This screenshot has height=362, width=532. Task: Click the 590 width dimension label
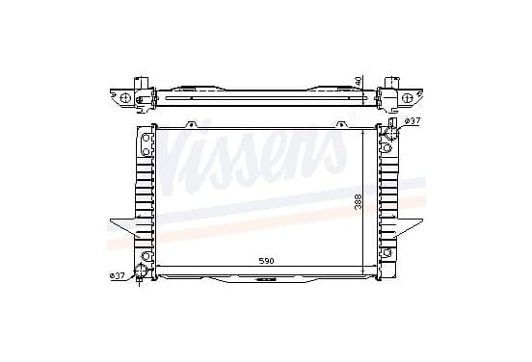(x=266, y=261)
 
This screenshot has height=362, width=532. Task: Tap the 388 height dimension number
(x=359, y=201)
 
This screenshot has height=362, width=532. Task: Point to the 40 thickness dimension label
(x=359, y=81)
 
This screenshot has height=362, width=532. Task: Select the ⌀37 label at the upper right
(x=412, y=121)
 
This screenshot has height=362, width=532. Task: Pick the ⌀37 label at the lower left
(x=117, y=276)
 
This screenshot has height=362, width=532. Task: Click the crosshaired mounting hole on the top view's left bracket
(x=125, y=98)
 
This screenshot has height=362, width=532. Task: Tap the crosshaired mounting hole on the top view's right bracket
(x=407, y=98)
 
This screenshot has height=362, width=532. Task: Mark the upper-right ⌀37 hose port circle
(x=391, y=133)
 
